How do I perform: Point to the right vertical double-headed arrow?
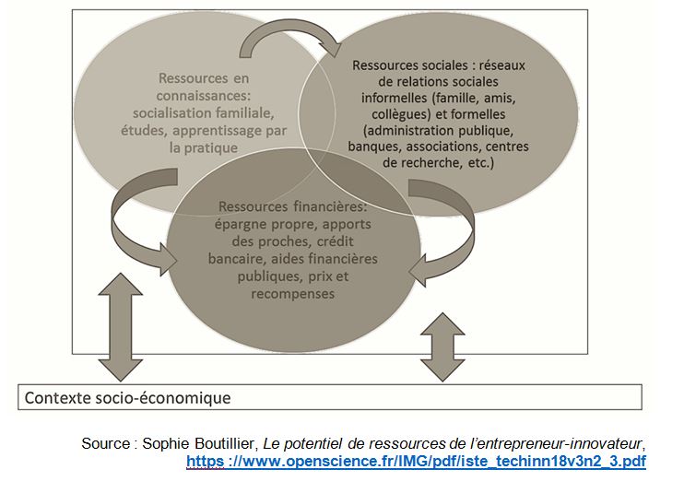tap(442, 346)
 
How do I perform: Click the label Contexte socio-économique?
tap(128, 398)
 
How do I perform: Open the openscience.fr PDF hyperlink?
tap(416, 459)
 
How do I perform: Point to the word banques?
tap(371, 146)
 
